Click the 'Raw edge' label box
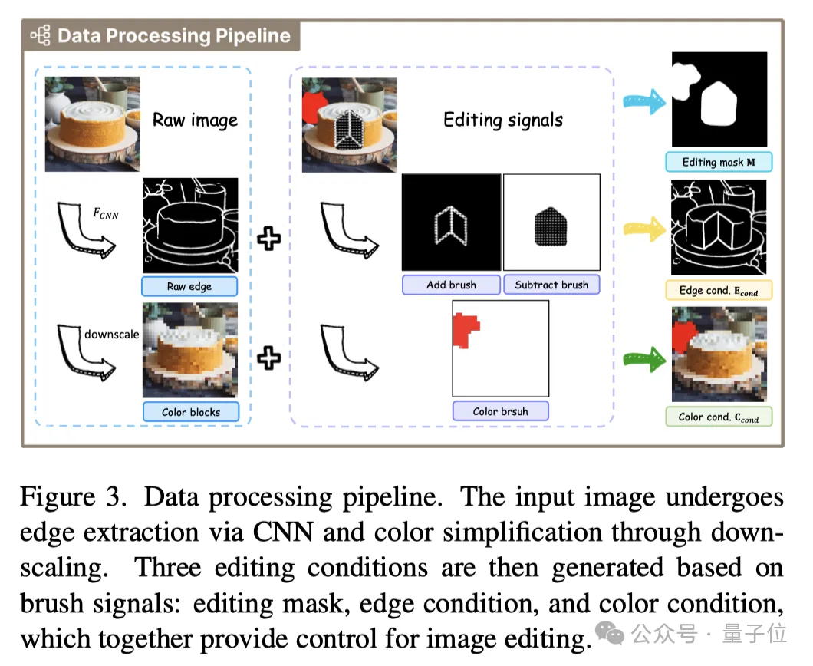point(189,287)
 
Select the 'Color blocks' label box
point(191,412)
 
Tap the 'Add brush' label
point(451,285)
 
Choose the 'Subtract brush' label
point(551,285)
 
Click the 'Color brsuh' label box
point(500,411)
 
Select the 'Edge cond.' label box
point(718,290)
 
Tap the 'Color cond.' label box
point(718,417)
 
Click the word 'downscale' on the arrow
point(112,334)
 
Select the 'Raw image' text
point(195,120)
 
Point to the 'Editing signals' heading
point(503,120)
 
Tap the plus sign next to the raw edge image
point(268,239)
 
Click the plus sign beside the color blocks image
point(268,358)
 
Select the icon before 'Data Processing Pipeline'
point(40,36)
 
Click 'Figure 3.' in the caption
point(73,498)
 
